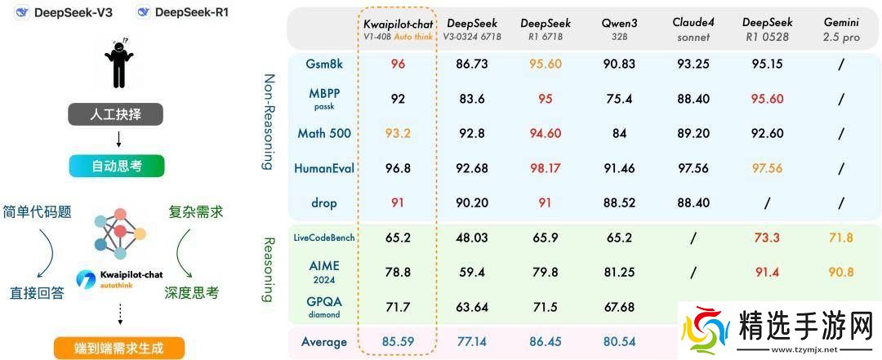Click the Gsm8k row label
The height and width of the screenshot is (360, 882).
[x=323, y=63]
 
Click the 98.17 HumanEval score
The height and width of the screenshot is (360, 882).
[x=546, y=167]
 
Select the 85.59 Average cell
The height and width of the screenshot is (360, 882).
[x=399, y=342]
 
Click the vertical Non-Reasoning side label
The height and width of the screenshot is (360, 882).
[x=268, y=122]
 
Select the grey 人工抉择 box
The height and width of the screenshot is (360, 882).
[x=118, y=114]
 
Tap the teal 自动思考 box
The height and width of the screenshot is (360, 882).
[x=118, y=166]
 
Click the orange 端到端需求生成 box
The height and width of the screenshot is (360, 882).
[x=118, y=348]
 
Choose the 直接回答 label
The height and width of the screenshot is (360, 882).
[x=36, y=292]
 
